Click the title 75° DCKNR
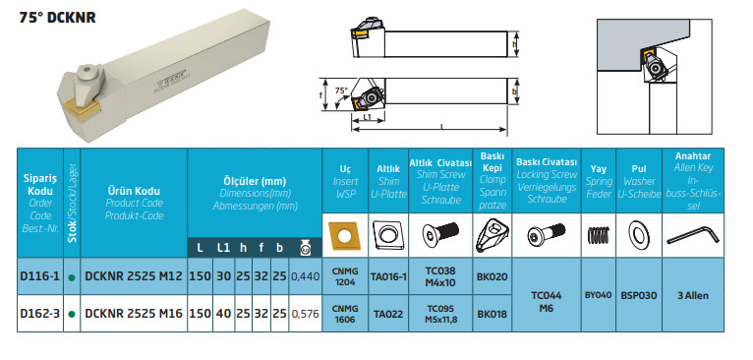point(58,18)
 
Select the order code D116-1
point(40,276)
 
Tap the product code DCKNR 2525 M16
point(134,314)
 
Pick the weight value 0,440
point(306,276)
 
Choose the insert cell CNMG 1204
point(345,276)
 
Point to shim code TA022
point(388,315)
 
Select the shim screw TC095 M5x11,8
point(440,314)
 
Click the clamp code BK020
point(492,276)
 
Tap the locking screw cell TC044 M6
point(547,301)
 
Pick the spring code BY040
point(599,295)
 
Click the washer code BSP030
point(639,295)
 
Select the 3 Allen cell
point(693,295)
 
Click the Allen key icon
point(692,235)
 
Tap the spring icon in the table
point(599,235)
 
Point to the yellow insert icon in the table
point(345,235)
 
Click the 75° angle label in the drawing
point(340,90)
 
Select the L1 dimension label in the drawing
point(367,117)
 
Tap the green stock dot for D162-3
point(72,315)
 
